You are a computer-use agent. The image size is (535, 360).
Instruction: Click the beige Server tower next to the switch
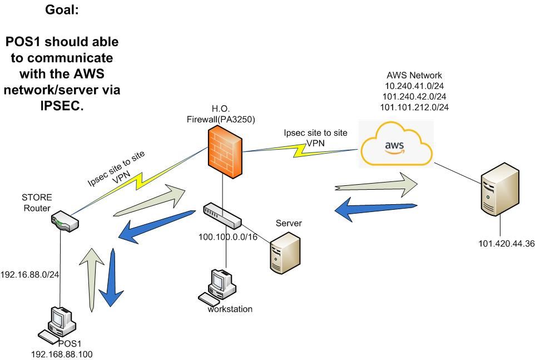click(285, 253)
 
